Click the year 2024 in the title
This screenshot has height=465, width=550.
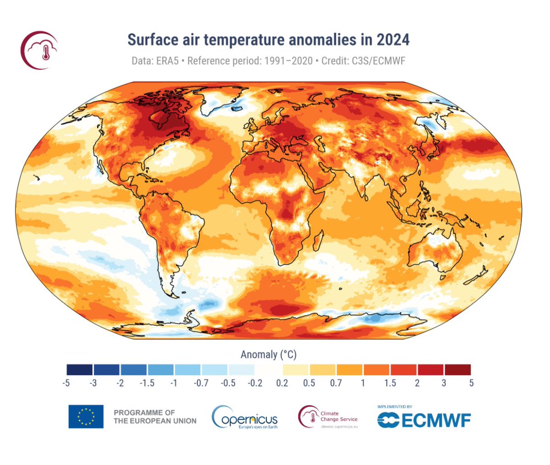click(x=393, y=40)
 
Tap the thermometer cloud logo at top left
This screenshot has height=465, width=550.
click(x=39, y=50)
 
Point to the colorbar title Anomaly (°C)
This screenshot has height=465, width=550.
click(x=269, y=355)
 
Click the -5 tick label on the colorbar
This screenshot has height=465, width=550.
click(x=66, y=383)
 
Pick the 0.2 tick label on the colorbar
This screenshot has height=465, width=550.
click(x=282, y=383)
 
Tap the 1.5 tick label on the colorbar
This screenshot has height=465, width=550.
click(x=390, y=383)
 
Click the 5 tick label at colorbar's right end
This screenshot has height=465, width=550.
click(x=471, y=383)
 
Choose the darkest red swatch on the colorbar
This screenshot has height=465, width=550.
click(x=457, y=370)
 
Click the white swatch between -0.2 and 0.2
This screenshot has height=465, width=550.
click(x=269, y=370)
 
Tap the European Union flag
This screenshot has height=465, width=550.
click(x=86, y=416)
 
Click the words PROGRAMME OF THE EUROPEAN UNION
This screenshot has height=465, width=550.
click(x=155, y=416)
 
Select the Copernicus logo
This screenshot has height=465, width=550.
click(x=245, y=417)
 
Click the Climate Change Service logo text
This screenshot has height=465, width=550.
click(x=339, y=416)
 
